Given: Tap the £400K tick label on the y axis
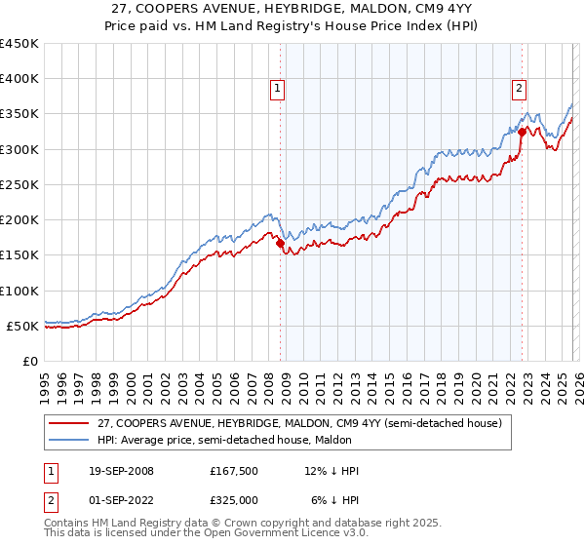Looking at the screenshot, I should pyautogui.click(x=19, y=79).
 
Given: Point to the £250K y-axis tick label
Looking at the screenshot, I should pyautogui.click(x=19, y=184).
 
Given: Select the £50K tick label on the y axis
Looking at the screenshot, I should pyautogui.click(x=23, y=326).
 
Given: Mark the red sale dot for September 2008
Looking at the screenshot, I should pyautogui.click(x=281, y=244).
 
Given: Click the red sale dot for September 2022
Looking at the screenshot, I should pyautogui.click(x=522, y=132).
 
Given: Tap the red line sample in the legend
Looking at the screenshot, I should pyautogui.click(x=68, y=423).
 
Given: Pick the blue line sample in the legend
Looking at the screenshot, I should pyautogui.click(x=68, y=440).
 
